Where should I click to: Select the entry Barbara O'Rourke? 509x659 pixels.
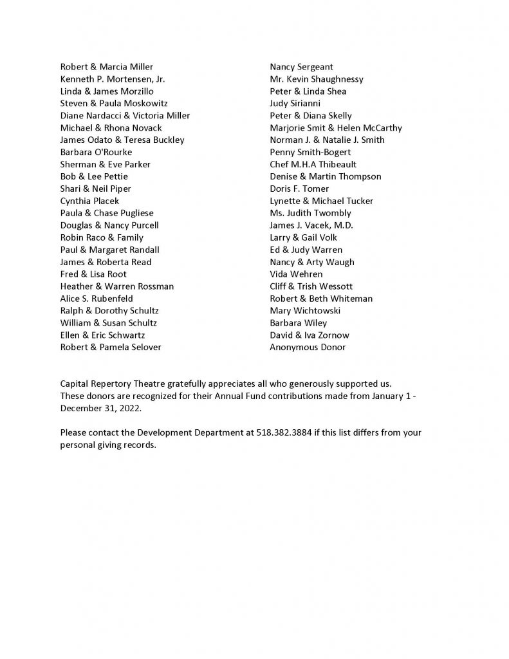(96, 152)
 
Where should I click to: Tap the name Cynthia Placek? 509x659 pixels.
(89, 201)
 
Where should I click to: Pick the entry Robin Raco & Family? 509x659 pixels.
(102, 237)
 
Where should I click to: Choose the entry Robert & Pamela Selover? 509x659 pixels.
(111, 347)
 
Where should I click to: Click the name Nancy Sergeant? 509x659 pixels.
(301, 67)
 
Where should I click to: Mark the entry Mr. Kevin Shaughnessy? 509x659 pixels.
(317, 79)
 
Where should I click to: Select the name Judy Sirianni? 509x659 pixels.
(295, 104)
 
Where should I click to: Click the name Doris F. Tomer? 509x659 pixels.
(299, 189)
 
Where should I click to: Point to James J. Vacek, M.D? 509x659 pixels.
(311, 225)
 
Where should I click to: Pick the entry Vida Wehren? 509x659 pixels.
(296, 274)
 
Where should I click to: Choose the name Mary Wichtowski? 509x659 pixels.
(305, 310)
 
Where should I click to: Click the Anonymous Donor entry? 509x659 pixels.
(308, 347)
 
